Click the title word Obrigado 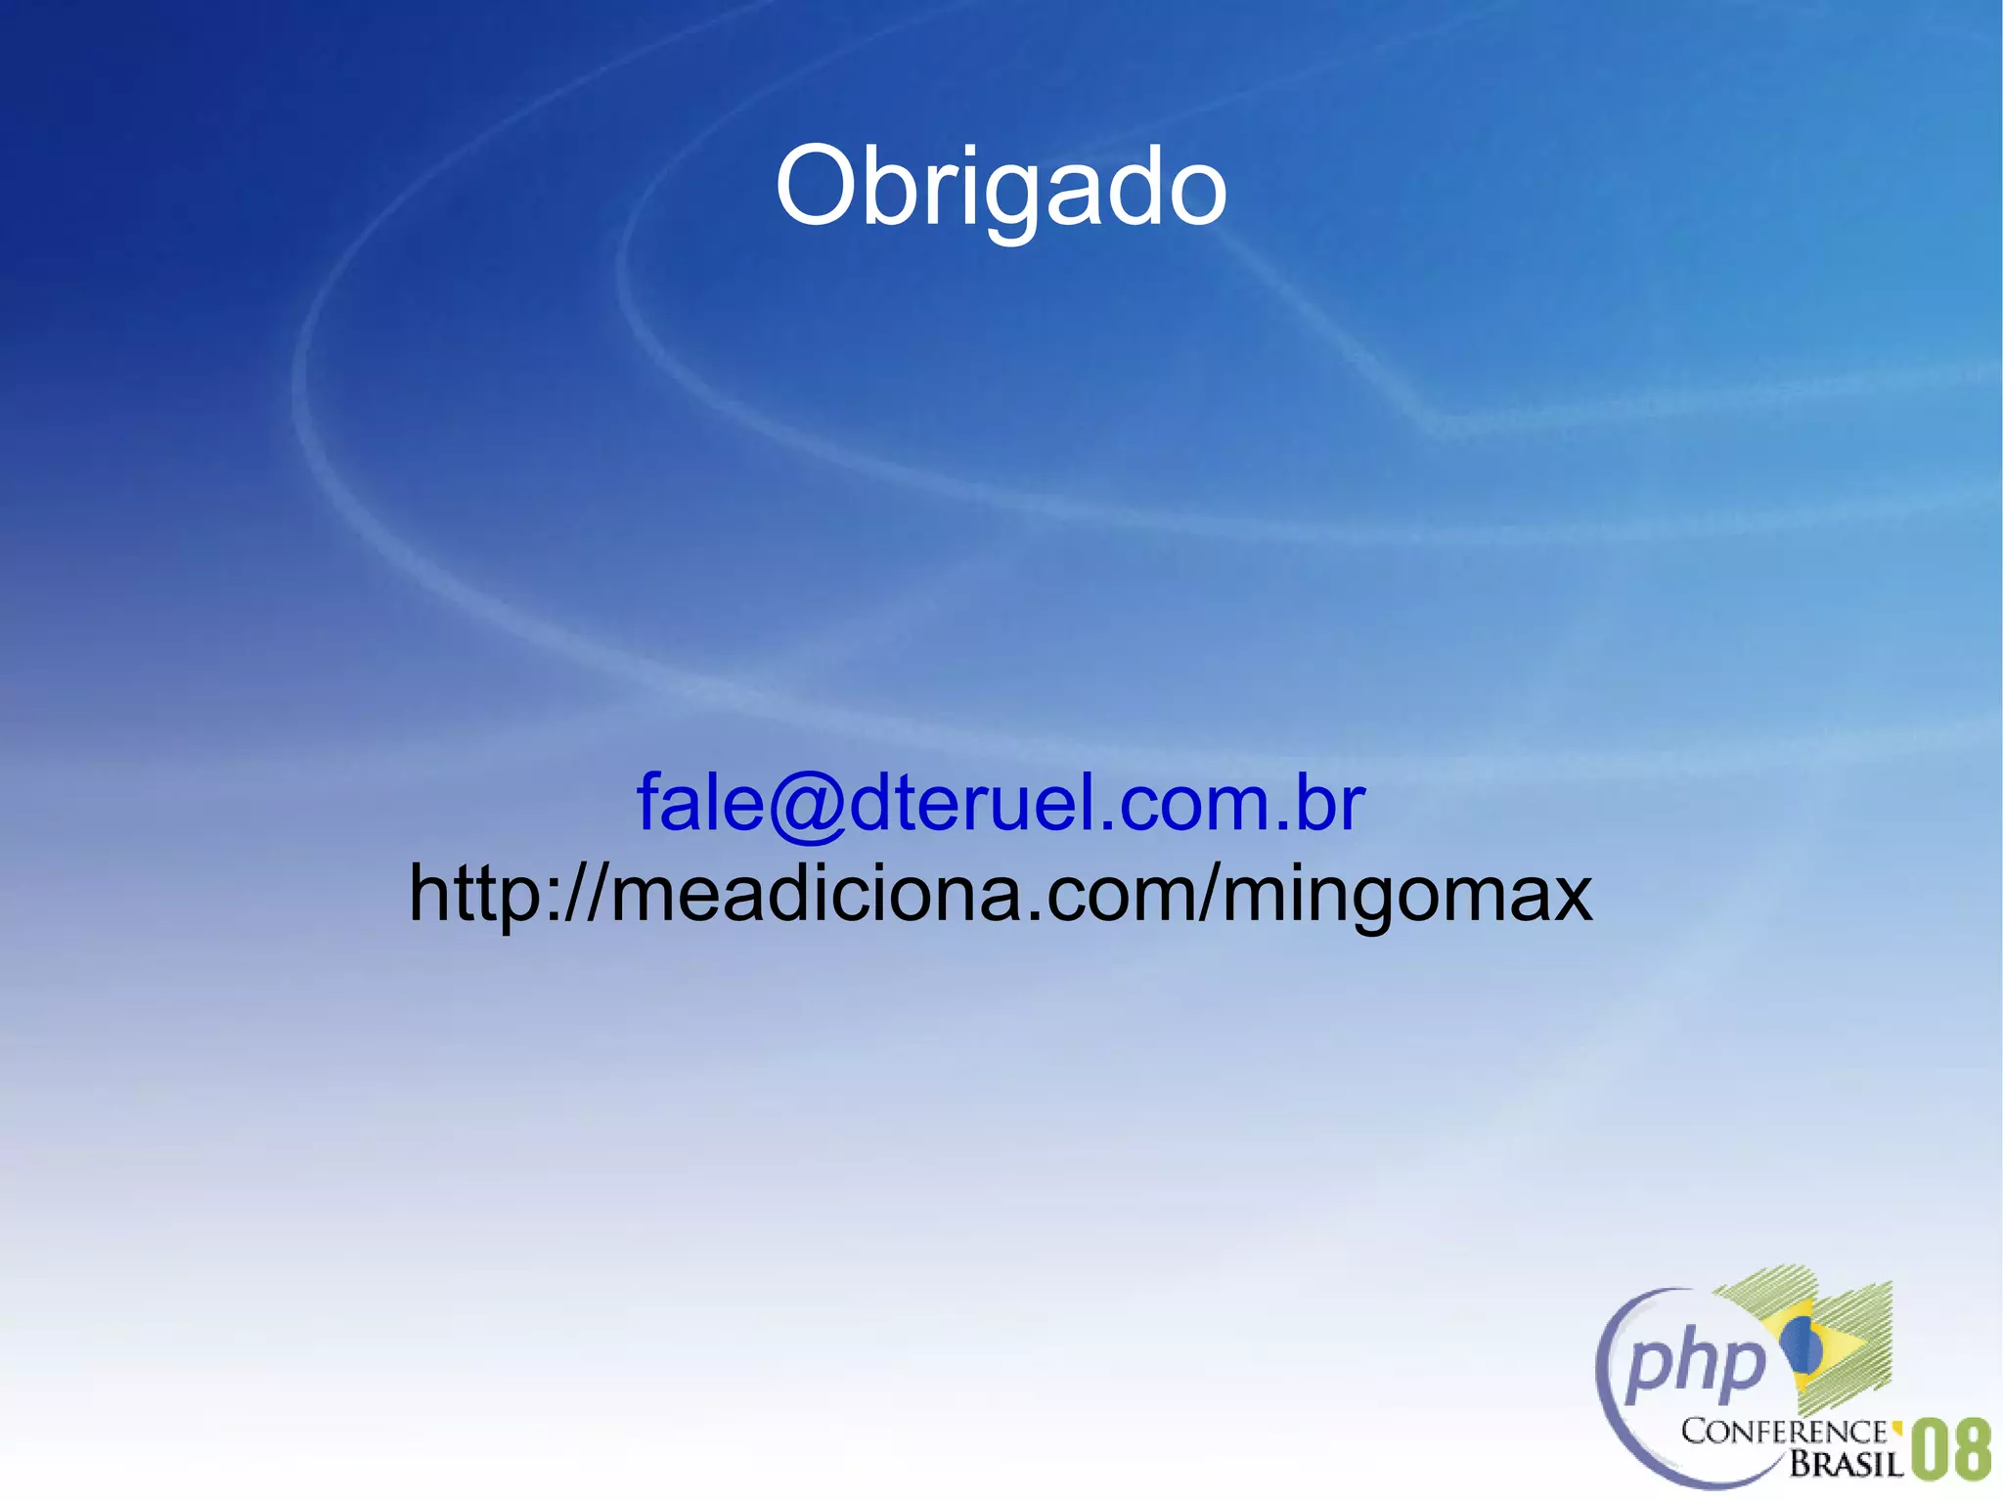click(1001, 186)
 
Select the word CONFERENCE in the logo click(1783, 1433)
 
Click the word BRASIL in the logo click(1846, 1464)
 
